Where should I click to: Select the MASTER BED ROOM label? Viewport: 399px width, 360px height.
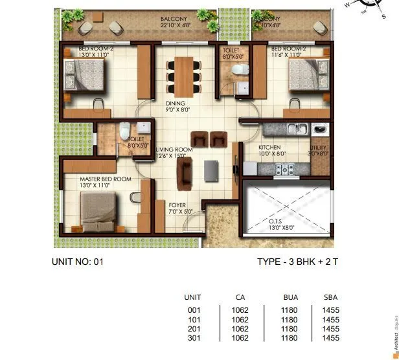click(x=105, y=178)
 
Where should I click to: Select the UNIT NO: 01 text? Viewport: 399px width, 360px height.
click(x=77, y=262)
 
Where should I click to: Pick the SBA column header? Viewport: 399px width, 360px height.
click(x=330, y=297)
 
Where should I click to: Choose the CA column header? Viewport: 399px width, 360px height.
click(x=240, y=297)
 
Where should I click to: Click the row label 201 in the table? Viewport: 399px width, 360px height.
click(x=192, y=328)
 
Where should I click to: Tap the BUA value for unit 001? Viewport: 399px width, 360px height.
click(x=290, y=309)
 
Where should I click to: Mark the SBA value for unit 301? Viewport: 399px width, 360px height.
click(x=330, y=337)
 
